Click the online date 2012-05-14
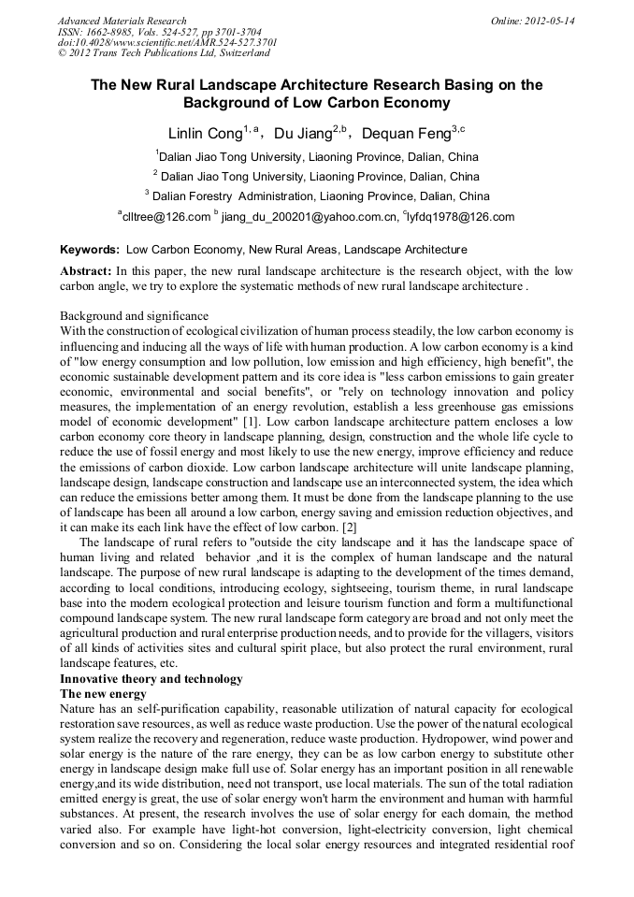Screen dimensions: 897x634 point(546,21)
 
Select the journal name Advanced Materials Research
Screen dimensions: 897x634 point(122,21)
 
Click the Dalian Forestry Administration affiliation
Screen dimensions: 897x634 point(317,196)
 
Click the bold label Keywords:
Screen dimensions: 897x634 point(90,250)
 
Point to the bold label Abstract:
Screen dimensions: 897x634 point(86,269)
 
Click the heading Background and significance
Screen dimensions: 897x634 point(134,316)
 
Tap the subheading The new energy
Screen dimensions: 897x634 point(103,693)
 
